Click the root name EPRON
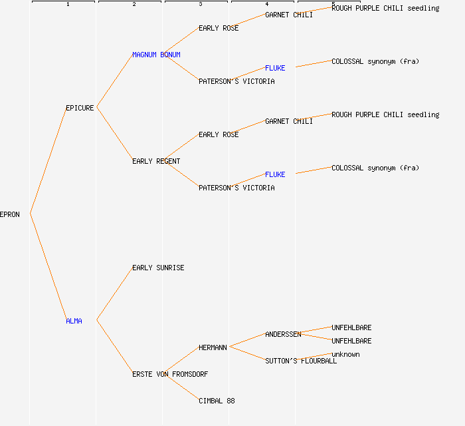click(x=10, y=214)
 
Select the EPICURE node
click(x=80, y=108)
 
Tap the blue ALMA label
click(x=74, y=321)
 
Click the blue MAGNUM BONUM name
click(x=156, y=55)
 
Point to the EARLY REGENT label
click(x=156, y=161)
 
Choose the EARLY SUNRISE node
click(x=158, y=268)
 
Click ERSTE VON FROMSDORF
click(x=170, y=374)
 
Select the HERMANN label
click(x=213, y=347)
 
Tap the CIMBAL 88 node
click(x=217, y=401)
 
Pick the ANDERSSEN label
click(x=283, y=334)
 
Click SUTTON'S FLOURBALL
click(x=301, y=361)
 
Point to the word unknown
click(x=345, y=354)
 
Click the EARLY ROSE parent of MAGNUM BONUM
click(x=219, y=28)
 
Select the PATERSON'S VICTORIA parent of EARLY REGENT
click(x=236, y=188)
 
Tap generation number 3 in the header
click(x=201, y=4)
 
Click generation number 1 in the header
click(x=68, y=4)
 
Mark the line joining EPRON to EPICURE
click(x=48, y=160)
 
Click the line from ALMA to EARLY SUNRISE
click(x=114, y=294)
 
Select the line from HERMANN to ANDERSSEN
click(x=248, y=340)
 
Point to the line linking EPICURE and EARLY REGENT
click(x=114, y=134)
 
